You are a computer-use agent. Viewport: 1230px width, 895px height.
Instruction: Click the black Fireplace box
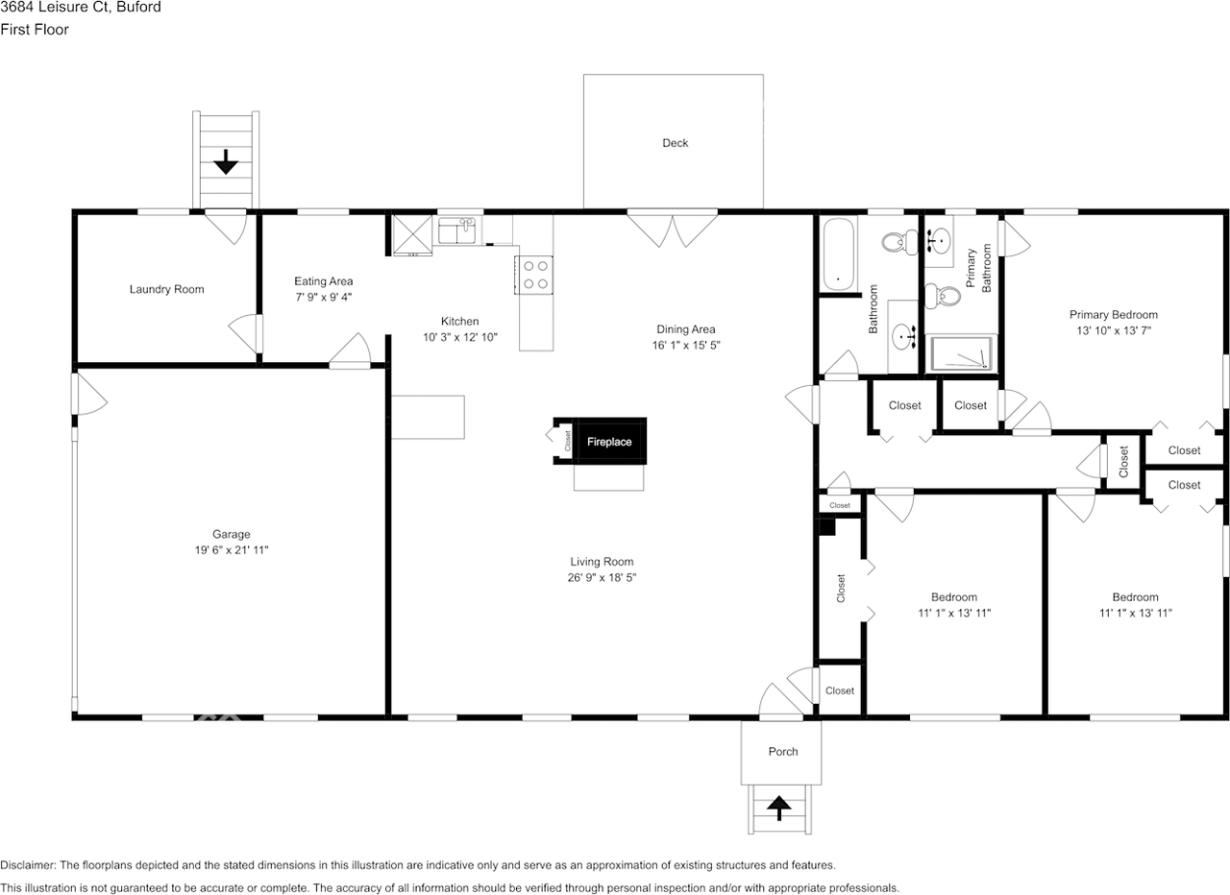[x=610, y=442]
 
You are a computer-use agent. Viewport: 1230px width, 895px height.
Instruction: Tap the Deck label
[x=675, y=143]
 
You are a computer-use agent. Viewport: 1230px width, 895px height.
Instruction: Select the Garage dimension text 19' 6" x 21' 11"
[x=232, y=550]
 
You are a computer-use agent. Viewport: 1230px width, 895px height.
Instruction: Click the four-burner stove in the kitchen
[x=535, y=275]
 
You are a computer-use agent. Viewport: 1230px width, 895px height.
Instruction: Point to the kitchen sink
[x=457, y=231]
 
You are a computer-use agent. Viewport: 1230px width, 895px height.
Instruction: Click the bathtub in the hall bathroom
[x=838, y=254]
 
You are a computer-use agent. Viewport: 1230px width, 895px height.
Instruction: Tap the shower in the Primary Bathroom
[x=961, y=353]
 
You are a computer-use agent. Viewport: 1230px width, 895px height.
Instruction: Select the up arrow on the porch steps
[x=779, y=808]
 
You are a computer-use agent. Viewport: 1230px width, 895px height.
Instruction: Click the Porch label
[x=782, y=751]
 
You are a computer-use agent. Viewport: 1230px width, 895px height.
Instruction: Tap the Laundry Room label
[x=166, y=289]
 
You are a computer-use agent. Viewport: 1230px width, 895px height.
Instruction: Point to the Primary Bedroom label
[x=1113, y=314]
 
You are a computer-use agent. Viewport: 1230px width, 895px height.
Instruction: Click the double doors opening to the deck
[x=673, y=229]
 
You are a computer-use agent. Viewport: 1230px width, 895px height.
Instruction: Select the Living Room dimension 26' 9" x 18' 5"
[x=602, y=577]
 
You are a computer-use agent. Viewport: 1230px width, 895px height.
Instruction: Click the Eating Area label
[x=323, y=281]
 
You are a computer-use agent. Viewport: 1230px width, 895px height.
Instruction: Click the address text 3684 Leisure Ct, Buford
[x=81, y=8]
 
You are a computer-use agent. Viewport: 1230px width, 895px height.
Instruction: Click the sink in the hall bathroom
[x=903, y=336]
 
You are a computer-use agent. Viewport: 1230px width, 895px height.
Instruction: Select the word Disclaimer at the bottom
[x=28, y=865]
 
